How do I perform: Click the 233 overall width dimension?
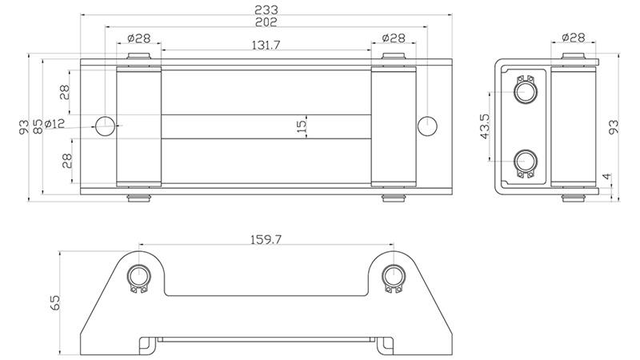(266, 9)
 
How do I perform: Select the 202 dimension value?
(266, 22)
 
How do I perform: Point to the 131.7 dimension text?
(266, 45)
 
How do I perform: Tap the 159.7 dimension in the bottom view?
(266, 239)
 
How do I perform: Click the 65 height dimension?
(54, 302)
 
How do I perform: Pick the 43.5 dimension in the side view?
(485, 126)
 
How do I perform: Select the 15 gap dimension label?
(301, 126)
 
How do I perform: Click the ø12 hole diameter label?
(54, 123)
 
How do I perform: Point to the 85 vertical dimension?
(37, 126)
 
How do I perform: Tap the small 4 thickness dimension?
(607, 176)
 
